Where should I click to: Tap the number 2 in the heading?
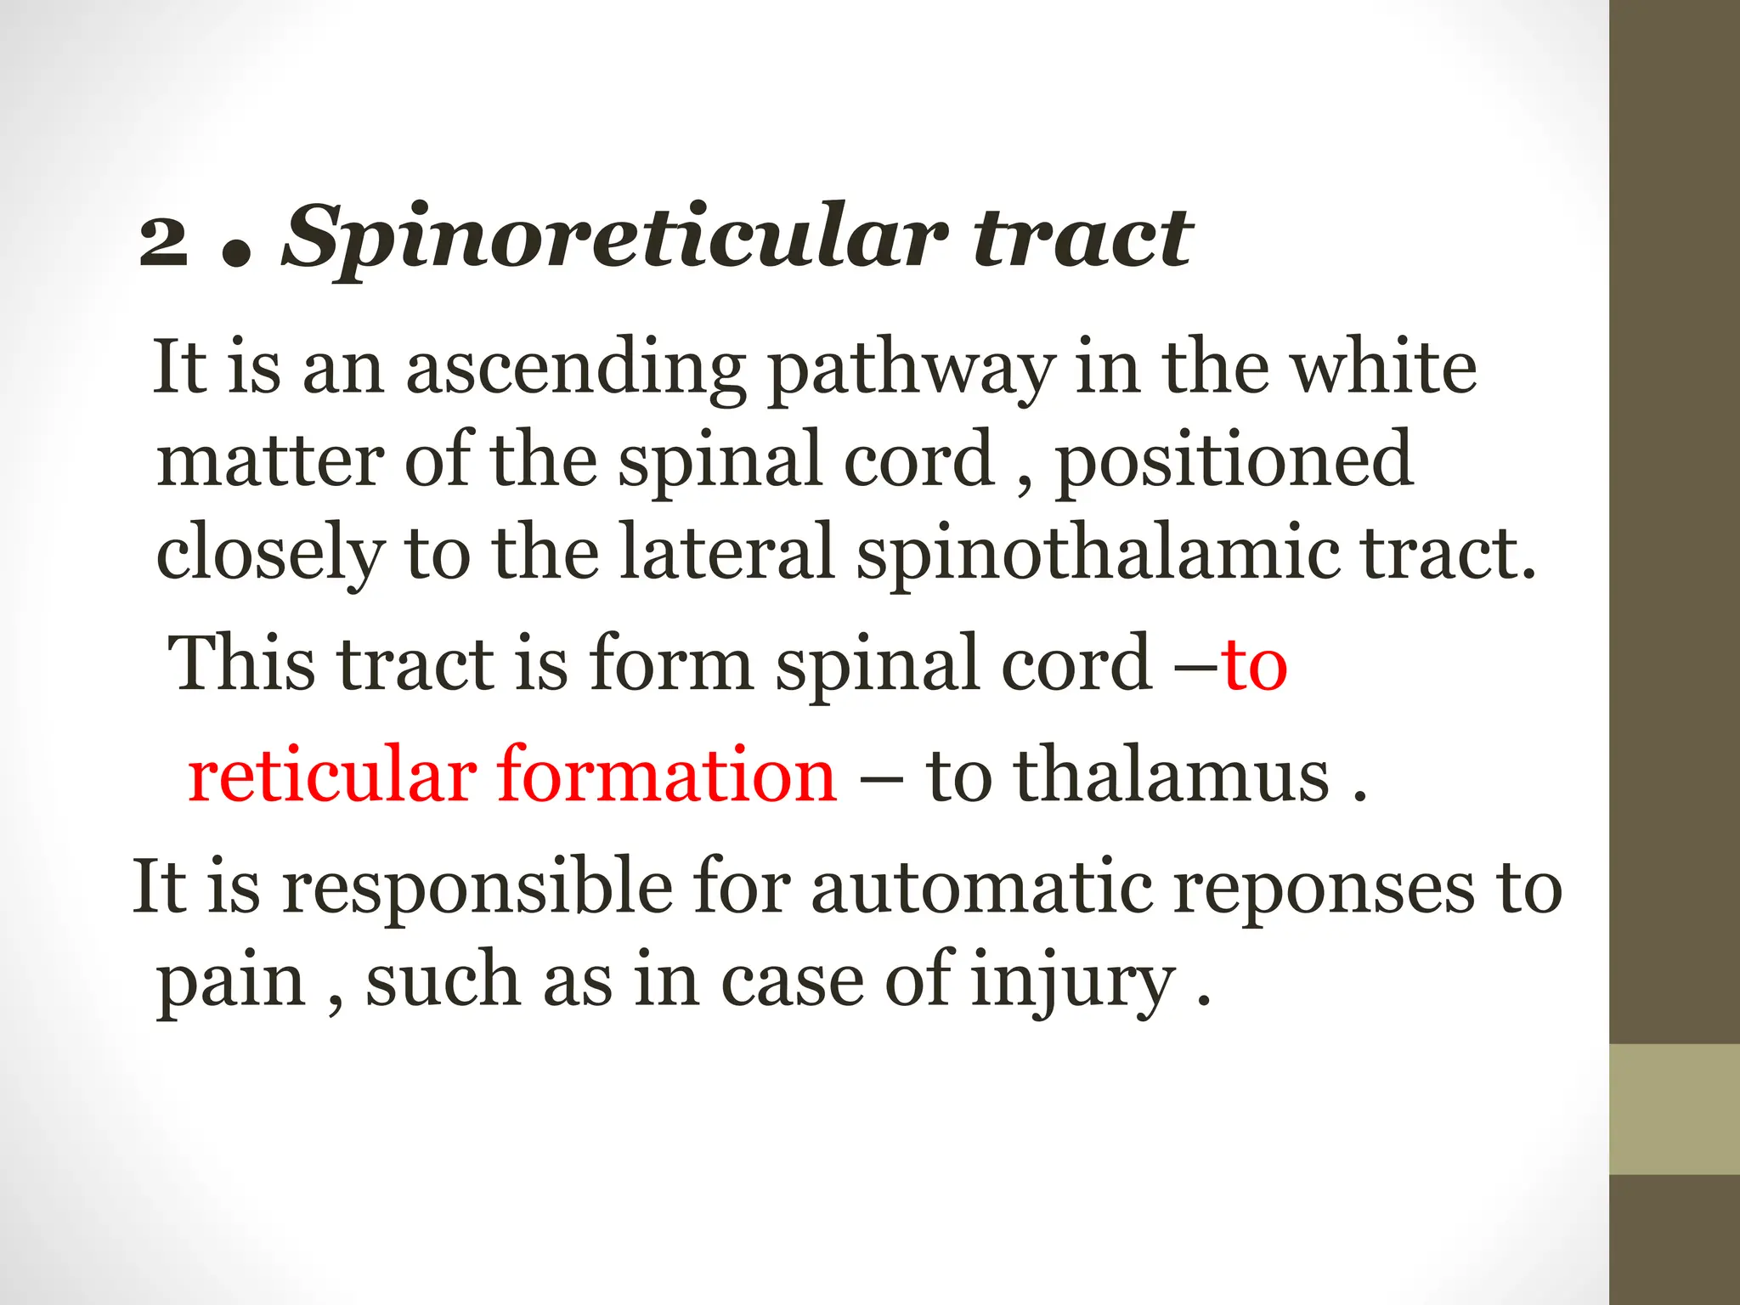164,240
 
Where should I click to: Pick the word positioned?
1234,461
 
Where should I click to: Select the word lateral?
727,552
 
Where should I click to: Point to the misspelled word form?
670,664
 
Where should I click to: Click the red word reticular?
332,775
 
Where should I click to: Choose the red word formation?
667,775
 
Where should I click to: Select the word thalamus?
1172,775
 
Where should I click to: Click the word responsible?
477,888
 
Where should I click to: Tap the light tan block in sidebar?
1675,1110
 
